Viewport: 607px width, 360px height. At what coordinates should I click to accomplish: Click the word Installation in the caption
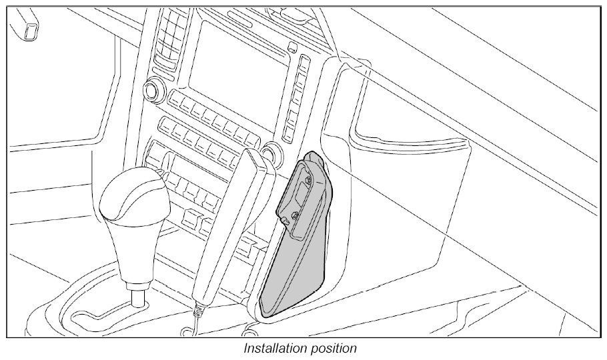pyautogui.click(x=273, y=349)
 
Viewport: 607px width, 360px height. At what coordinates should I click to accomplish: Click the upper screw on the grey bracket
pyautogui.click(x=309, y=180)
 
